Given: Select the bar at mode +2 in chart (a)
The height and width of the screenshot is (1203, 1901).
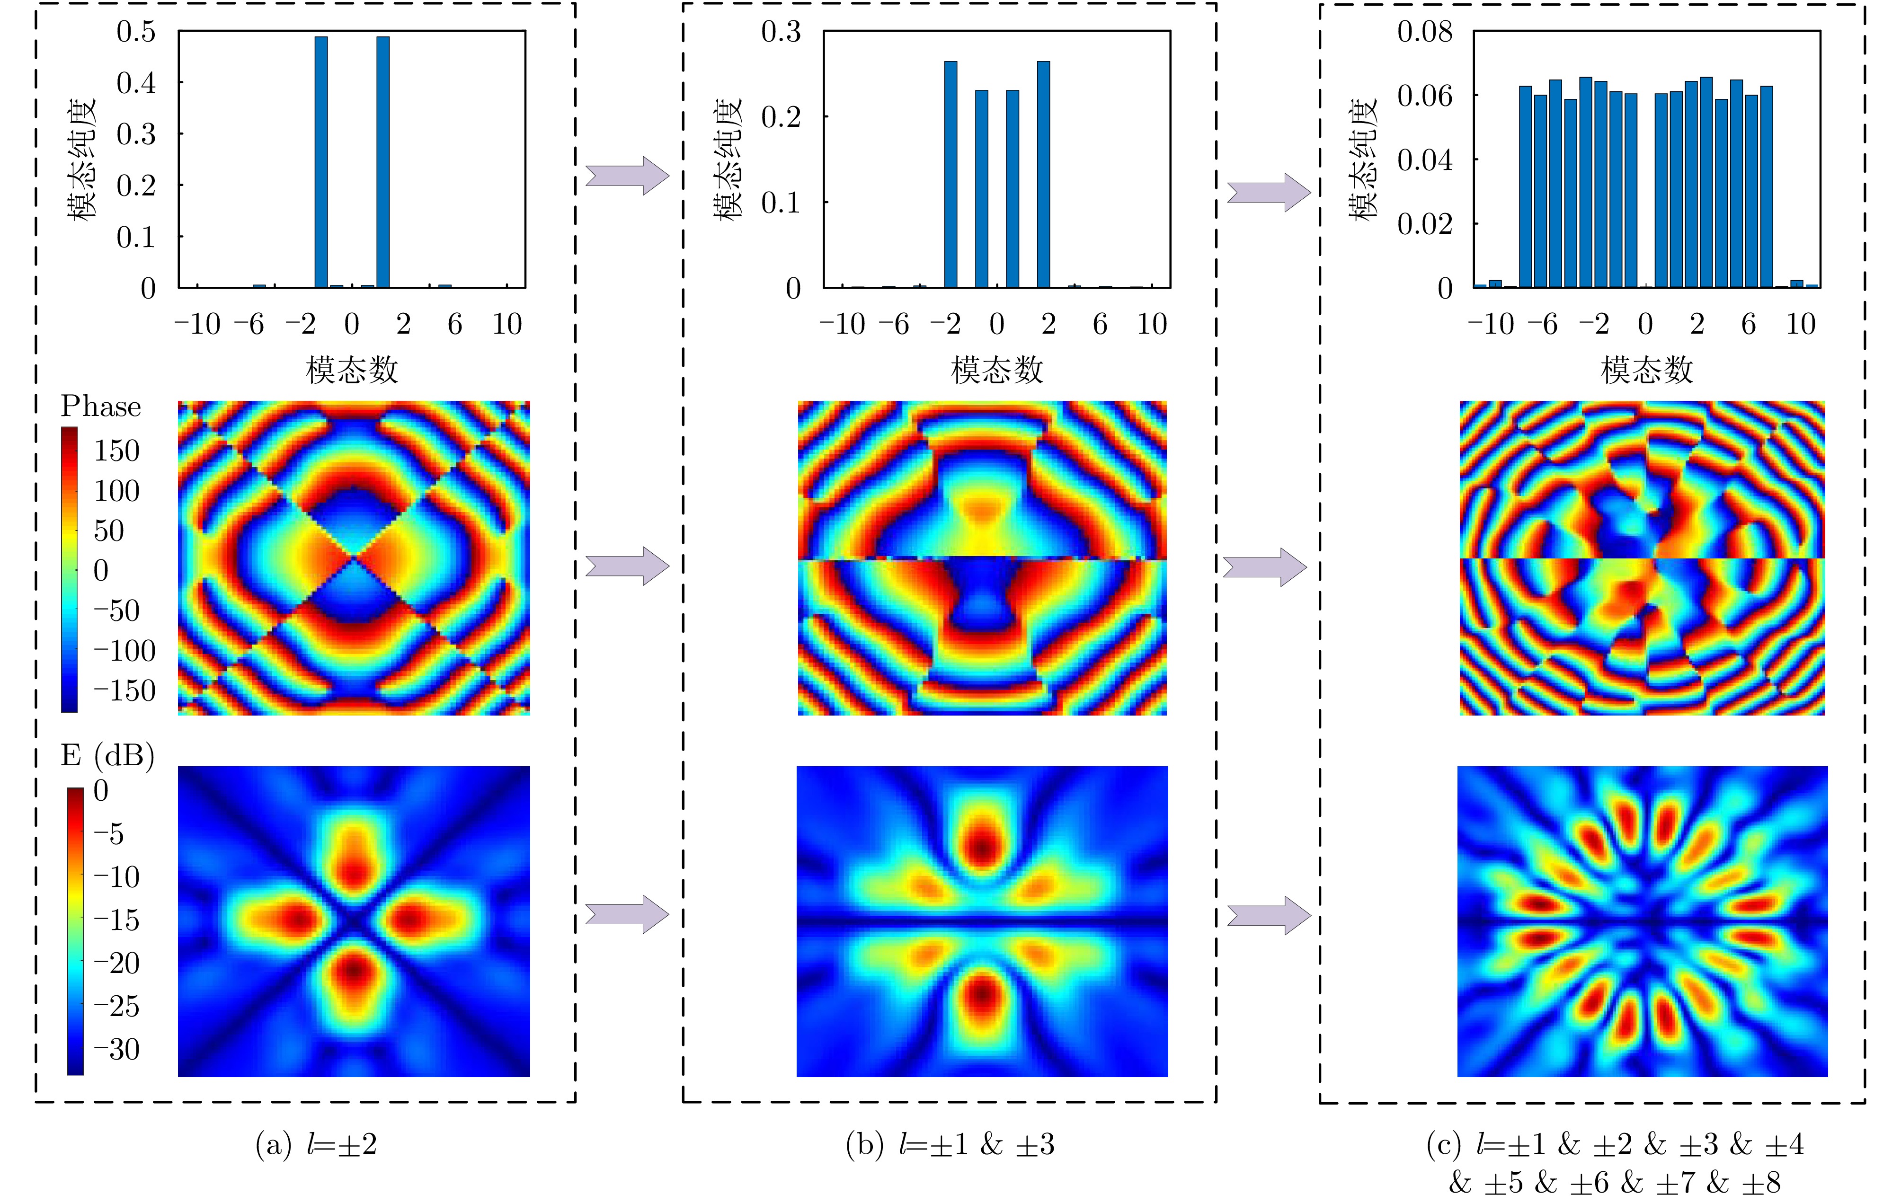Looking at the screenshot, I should coord(383,162).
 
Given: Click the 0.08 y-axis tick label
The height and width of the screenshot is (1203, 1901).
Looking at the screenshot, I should coord(1424,32).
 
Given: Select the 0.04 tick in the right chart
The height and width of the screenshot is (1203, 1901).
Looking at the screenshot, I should coord(1424,160).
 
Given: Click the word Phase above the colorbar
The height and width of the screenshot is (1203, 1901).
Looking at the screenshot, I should coord(100,407).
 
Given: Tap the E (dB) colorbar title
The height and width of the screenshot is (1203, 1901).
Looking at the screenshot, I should coord(107,755).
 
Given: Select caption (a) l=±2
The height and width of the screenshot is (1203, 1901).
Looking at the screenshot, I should coord(316,1145).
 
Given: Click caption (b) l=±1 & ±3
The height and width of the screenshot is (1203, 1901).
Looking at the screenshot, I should coord(950,1145).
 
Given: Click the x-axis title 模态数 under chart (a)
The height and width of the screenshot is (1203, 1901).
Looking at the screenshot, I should coord(352,370).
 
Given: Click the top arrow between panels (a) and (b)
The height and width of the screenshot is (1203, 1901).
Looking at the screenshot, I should coord(627,175).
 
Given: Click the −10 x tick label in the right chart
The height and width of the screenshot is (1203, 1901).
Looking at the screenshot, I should coord(1491,324).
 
